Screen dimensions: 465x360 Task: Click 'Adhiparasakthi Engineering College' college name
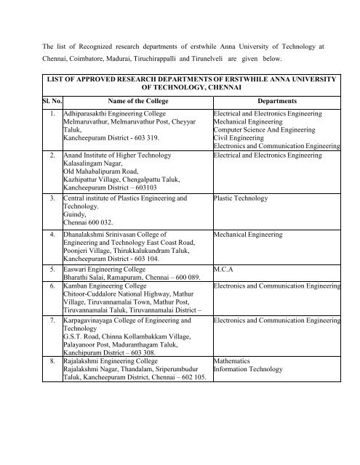coord(115,115)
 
